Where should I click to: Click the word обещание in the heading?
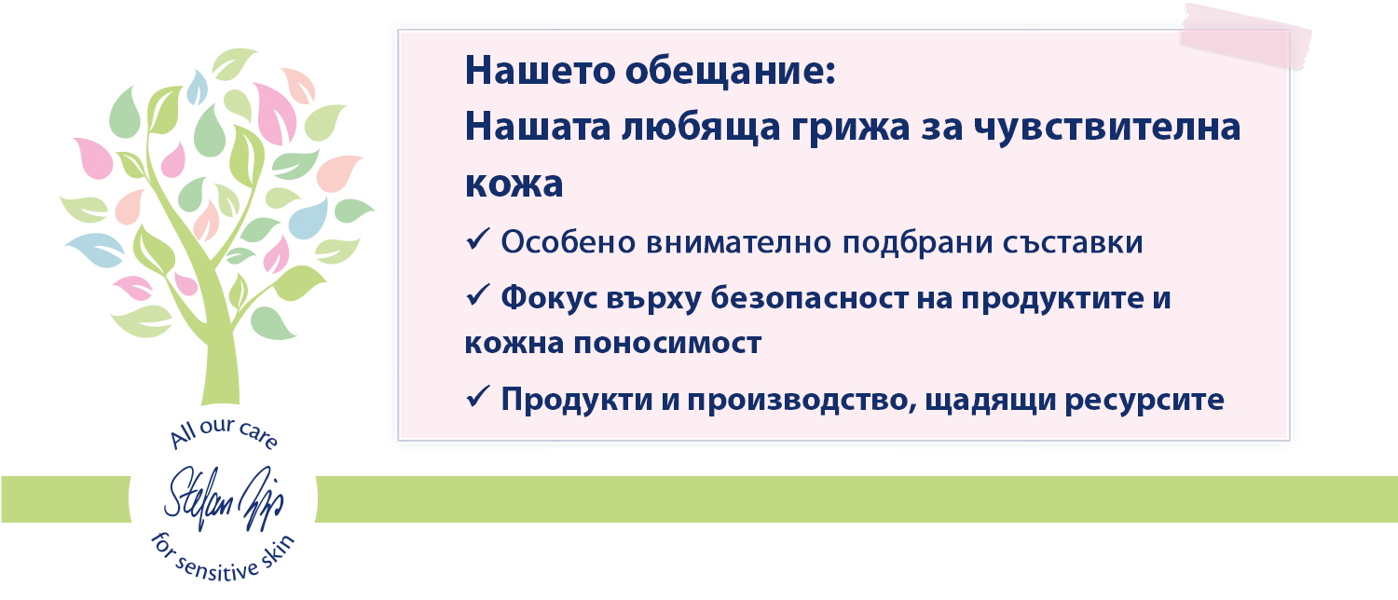[731, 71]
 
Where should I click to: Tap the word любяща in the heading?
[701, 129]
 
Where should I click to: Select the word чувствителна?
[1107, 128]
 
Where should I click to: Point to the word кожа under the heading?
[514, 184]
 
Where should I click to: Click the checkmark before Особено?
[478, 239]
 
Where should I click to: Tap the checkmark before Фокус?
[478, 295]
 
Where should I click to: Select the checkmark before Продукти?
[478, 397]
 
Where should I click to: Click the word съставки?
[1073, 242]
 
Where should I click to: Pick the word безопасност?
[810, 298]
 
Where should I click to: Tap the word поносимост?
[667, 344]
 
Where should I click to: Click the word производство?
[802, 400]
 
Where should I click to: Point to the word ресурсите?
[1144, 401]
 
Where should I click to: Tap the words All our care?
[224, 432]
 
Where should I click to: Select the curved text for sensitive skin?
[223, 559]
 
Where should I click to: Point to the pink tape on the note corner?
[1245, 36]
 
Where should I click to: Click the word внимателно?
[738, 242]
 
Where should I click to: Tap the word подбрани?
[917, 242]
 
